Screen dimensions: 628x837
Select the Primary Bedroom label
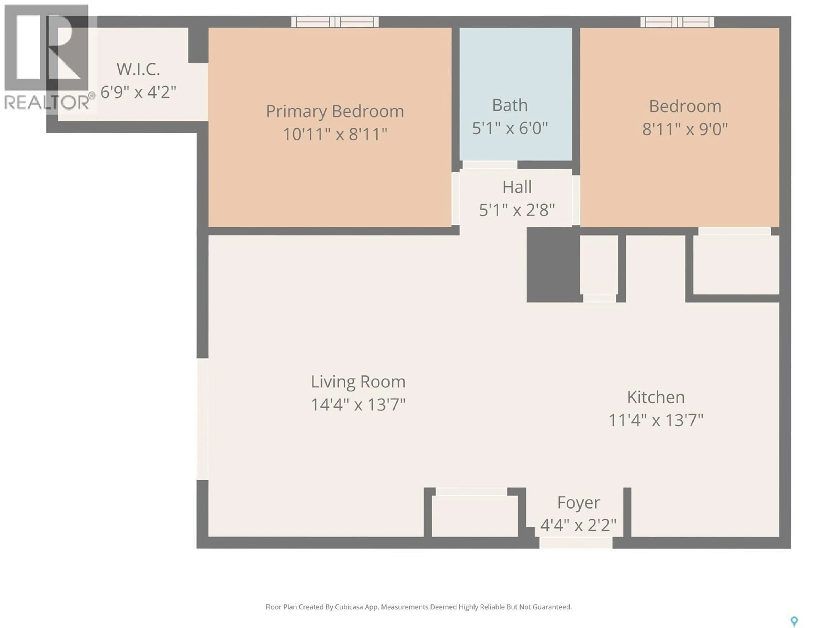click(x=335, y=111)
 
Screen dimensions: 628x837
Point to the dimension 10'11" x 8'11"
click(x=335, y=134)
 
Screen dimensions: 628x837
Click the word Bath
click(x=510, y=105)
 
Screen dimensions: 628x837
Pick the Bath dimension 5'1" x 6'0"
click(x=510, y=128)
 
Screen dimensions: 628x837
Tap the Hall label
click(x=517, y=187)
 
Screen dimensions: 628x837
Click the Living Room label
click(x=358, y=382)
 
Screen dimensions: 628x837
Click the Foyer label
click(x=578, y=503)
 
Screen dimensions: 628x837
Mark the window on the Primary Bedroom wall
click(x=335, y=22)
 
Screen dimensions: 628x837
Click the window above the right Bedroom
click(x=677, y=22)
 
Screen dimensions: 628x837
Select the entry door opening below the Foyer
click(x=575, y=543)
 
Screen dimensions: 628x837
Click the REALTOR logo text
click(x=47, y=102)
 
